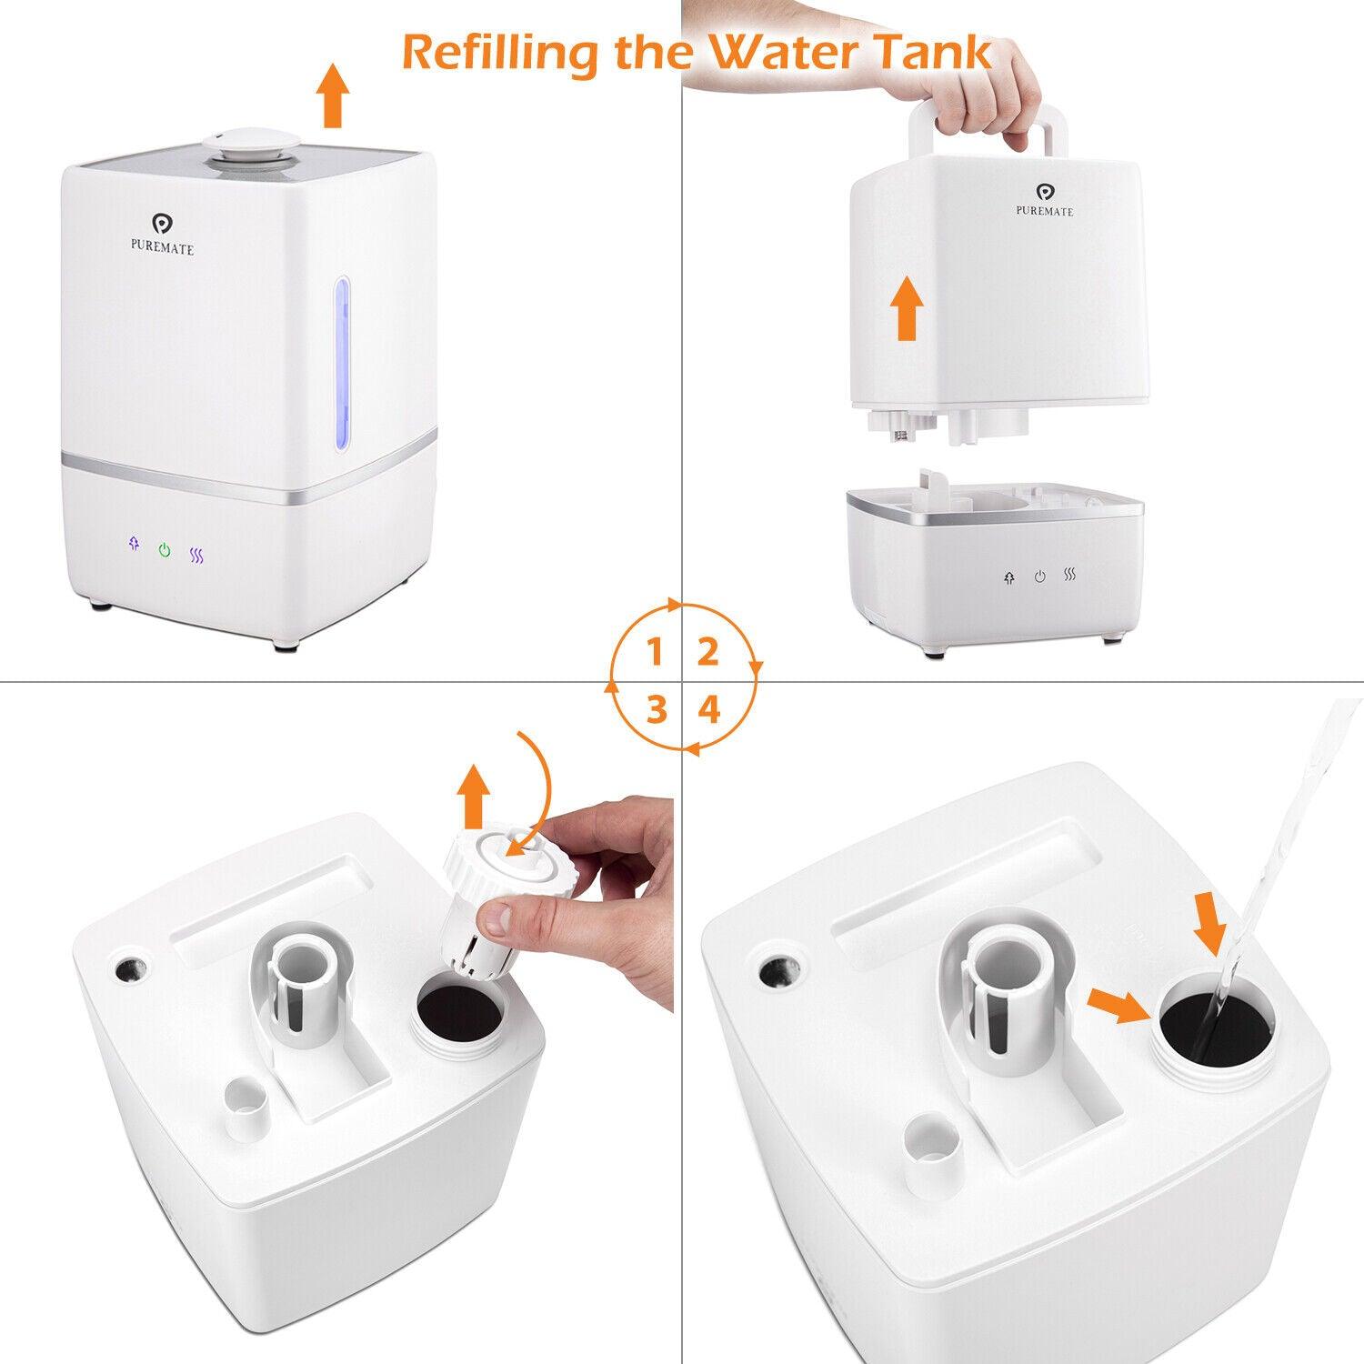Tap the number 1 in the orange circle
coord(654,652)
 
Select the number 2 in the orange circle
coord(708,652)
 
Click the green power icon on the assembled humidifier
coord(164,549)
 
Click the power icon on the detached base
coord(1040,577)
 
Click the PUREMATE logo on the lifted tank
coord(1044,199)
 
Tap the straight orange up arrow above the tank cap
coord(473,795)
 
